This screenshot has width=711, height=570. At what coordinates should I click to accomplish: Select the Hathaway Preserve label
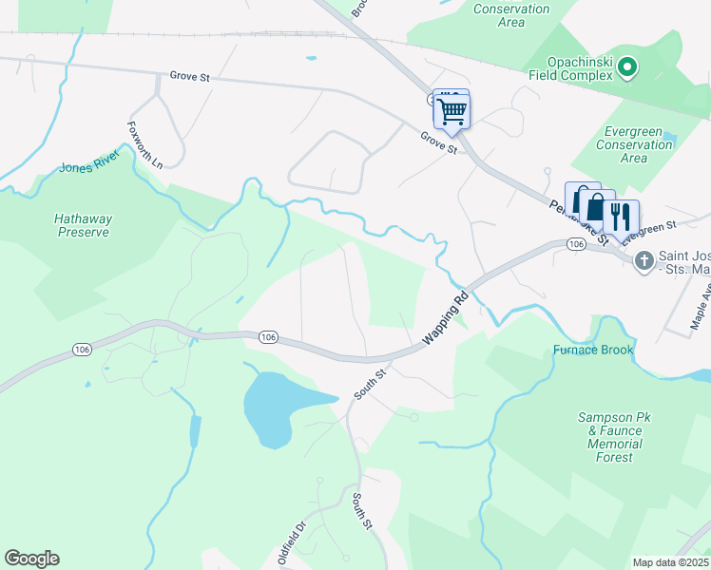[x=83, y=225]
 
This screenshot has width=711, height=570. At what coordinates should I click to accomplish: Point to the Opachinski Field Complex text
[x=570, y=66]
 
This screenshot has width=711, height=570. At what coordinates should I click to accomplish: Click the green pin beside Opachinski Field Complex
[x=626, y=67]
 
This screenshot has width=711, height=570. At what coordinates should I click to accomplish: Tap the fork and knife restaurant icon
[x=621, y=217]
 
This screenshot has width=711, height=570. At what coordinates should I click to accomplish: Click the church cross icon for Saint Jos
[x=644, y=259]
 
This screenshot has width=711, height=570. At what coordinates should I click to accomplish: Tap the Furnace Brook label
[x=593, y=350]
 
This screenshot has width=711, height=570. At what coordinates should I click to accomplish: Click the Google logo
[x=32, y=559]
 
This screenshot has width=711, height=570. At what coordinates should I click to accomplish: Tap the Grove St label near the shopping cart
[x=439, y=143]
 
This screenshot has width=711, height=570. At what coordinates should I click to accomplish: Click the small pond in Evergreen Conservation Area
[x=671, y=140]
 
